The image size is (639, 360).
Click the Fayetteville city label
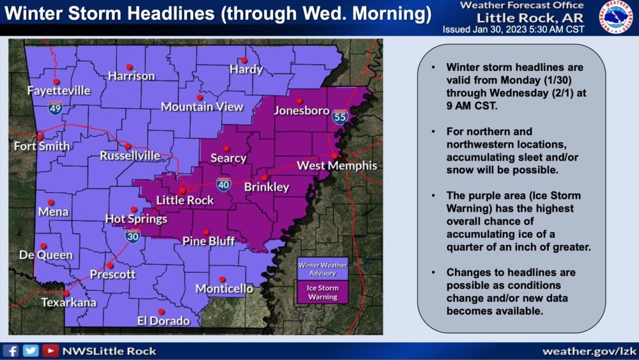(x=59, y=91)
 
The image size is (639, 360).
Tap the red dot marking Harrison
(x=129, y=67)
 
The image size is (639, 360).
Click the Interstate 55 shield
(x=339, y=116)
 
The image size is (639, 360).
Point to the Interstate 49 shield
(x=56, y=107)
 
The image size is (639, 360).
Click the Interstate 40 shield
(x=222, y=185)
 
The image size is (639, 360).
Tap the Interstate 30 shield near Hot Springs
(x=133, y=237)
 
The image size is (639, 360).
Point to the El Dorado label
(x=164, y=320)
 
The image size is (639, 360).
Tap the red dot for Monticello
(x=222, y=279)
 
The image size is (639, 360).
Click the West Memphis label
(x=337, y=166)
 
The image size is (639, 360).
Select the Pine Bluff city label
(x=209, y=241)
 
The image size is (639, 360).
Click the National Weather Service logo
(x=615, y=17)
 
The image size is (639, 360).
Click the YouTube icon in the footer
(x=49, y=350)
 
